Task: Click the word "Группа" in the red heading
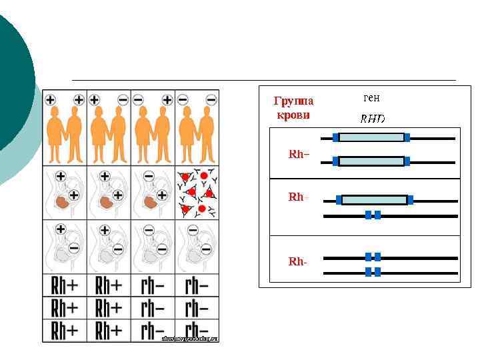293,101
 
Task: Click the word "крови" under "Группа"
293,114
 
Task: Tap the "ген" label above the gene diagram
371,97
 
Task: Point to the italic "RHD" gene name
373,120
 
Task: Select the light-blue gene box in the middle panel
374,199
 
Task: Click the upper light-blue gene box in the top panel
371,137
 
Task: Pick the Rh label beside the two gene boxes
299,154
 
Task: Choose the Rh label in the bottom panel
297,261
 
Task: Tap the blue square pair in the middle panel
373,215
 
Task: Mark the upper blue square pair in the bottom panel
373,257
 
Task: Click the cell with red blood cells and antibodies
197,193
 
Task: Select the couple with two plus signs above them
65,133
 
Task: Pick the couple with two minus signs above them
197,133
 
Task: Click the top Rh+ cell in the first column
65,286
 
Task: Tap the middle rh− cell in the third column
153,308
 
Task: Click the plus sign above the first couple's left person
51,100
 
